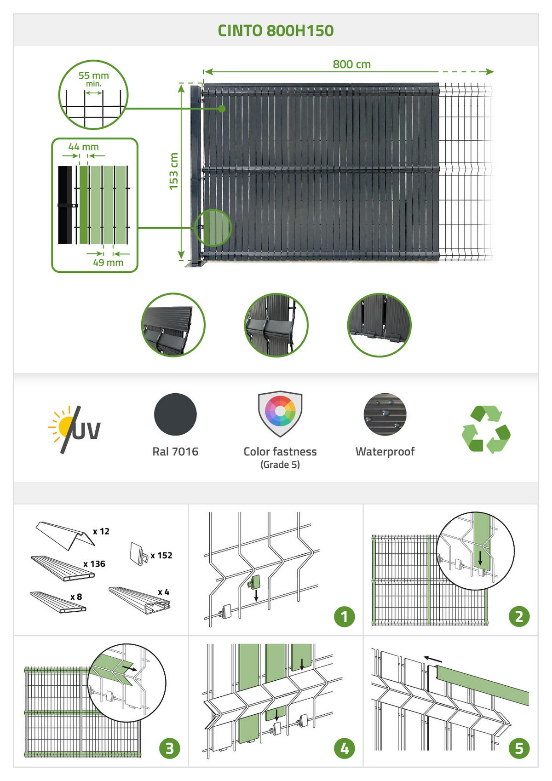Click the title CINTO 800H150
(x=276, y=31)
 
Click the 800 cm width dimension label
(x=351, y=64)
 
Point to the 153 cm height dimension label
(x=173, y=171)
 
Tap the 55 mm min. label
(x=93, y=78)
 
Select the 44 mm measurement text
(x=83, y=147)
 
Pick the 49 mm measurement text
(x=108, y=263)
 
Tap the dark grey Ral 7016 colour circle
(x=175, y=414)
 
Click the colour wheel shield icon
(x=280, y=413)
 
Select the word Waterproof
(x=385, y=452)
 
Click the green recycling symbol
(x=486, y=429)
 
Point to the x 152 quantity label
(x=161, y=556)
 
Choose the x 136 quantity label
(x=94, y=564)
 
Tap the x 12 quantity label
(x=101, y=532)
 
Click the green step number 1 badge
(x=344, y=616)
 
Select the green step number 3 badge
(x=169, y=748)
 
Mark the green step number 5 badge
(x=519, y=748)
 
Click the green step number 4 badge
(x=344, y=748)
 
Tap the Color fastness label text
(x=280, y=452)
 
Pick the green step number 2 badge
(x=519, y=616)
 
